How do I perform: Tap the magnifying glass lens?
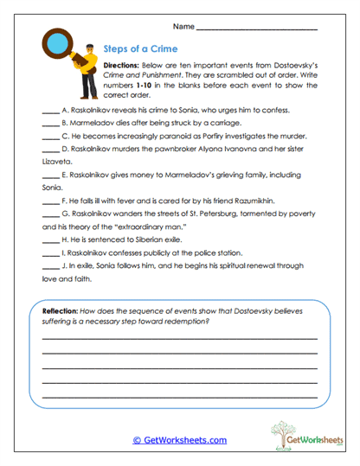click(58, 42)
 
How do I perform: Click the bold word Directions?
click(126, 66)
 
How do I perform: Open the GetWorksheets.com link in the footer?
click(179, 440)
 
